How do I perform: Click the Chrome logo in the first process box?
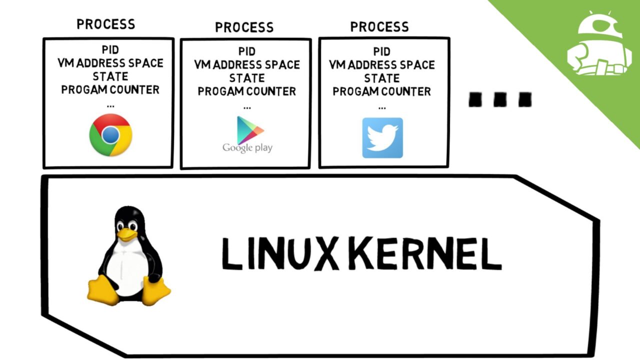click(110, 135)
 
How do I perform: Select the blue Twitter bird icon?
click(382, 138)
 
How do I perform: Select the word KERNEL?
click(425, 255)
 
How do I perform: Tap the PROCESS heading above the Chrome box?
click(105, 24)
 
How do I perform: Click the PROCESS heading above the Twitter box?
click(379, 26)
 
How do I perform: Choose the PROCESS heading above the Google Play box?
click(244, 27)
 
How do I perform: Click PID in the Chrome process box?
click(110, 50)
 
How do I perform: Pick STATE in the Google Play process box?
click(247, 78)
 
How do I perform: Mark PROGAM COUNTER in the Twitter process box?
click(382, 92)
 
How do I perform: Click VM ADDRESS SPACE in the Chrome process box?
click(110, 63)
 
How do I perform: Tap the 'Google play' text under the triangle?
click(247, 148)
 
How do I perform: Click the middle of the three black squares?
click(499, 99)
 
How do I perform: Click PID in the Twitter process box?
click(382, 51)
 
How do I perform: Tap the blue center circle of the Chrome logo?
click(110, 135)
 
